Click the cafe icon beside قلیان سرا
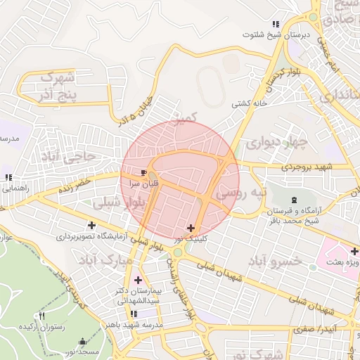[x=143, y=172]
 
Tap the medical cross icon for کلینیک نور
[x=191, y=228]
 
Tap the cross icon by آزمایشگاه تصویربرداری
[x=91, y=225]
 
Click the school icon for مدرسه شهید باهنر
[x=134, y=314]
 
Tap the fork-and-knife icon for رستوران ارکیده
[x=42, y=316]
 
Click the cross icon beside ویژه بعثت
[x=355, y=251]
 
